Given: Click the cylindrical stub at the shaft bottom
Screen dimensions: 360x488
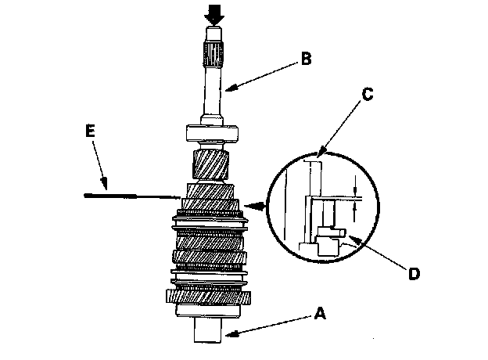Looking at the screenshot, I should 209,328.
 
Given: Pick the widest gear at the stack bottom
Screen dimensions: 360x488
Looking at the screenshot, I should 210,297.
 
